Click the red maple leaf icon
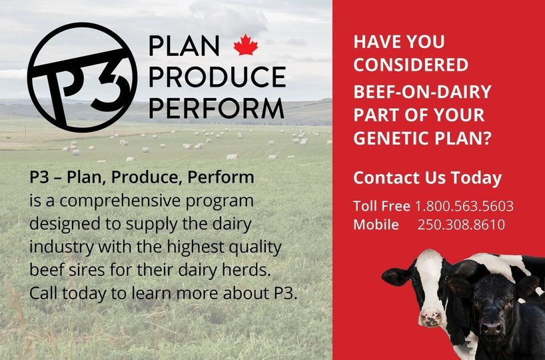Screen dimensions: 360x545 click(x=245, y=45)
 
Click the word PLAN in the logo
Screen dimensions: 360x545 click(x=184, y=46)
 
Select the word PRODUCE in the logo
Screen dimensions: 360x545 click(x=217, y=77)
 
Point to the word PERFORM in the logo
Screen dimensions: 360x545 click(x=216, y=107)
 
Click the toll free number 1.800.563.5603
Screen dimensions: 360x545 click(x=464, y=206)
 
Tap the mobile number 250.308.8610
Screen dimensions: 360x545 click(x=461, y=225)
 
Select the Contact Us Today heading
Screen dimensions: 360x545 click(x=427, y=178)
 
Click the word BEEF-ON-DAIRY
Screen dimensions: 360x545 click(x=422, y=91)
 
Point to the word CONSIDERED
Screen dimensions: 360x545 click(x=410, y=65)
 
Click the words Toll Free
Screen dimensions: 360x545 click(x=381, y=206)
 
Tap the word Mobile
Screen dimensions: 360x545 click(x=376, y=225)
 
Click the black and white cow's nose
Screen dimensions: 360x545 click(x=432, y=318)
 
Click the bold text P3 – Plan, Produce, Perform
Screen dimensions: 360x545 click(x=142, y=177)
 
